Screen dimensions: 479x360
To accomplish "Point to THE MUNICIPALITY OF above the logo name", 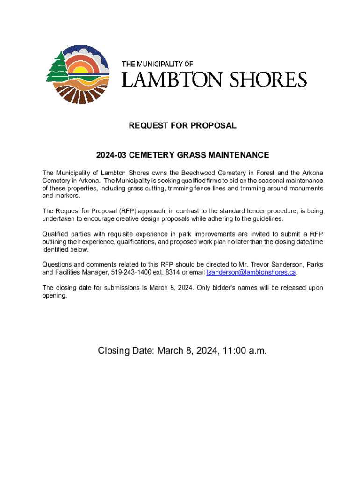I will (x=158, y=64).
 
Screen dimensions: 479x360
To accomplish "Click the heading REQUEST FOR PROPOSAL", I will (x=183, y=126).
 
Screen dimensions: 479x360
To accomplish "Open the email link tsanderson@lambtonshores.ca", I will (x=251, y=272).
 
